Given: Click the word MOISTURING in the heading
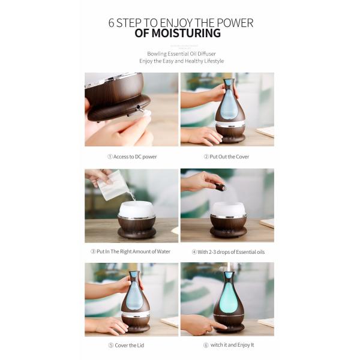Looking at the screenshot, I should point(186,33).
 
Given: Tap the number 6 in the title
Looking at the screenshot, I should point(112,23).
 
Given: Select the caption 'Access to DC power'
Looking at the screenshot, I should point(135,157).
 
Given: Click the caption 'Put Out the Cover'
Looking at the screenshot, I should point(229,157).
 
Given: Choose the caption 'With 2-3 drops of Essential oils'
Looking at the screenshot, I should point(230,251).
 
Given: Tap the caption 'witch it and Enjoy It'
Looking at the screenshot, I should point(230,345).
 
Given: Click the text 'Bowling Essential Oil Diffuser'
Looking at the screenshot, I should point(181,53).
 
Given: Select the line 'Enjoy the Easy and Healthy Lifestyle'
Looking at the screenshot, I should point(181,61).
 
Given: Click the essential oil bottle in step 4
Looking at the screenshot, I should point(221,187).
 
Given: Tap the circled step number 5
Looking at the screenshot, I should point(110,345).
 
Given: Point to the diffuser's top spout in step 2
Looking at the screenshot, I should point(228,82).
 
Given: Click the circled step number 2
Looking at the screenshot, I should point(205,157).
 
